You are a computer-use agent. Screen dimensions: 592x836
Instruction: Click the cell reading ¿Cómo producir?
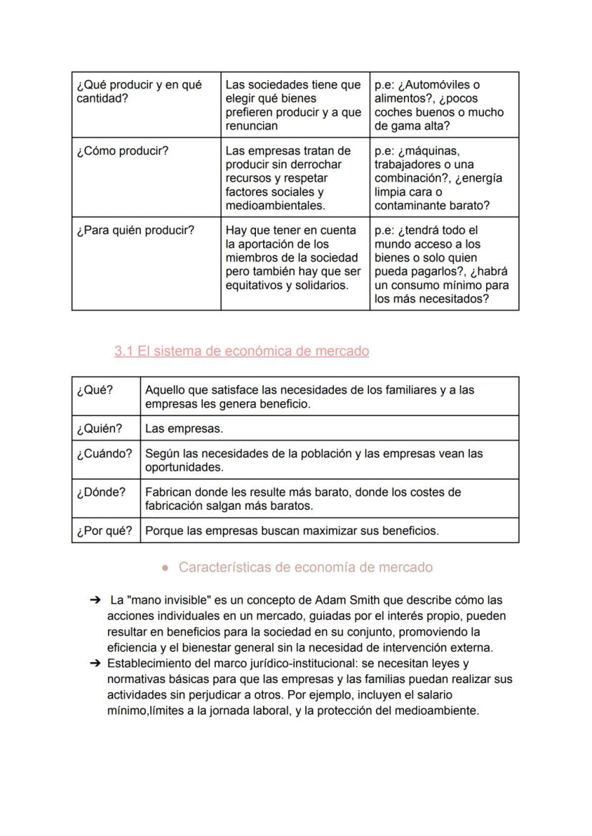(x=122, y=151)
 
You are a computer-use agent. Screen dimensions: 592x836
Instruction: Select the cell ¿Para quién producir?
(x=135, y=231)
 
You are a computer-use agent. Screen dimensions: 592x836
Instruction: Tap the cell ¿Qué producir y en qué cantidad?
(x=139, y=92)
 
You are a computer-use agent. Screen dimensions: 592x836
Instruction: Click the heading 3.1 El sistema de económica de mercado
(x=242, y=351)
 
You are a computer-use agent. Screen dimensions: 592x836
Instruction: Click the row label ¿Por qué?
(x=104, y=531)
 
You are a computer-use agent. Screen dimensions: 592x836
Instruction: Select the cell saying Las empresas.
(x=184, y=429)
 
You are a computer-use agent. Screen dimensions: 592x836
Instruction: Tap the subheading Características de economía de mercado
(x=305, y=567)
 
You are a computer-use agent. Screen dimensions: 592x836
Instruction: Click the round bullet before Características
(x=165, y=568)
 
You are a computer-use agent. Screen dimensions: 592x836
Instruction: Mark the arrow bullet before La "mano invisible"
(x=95, y=600)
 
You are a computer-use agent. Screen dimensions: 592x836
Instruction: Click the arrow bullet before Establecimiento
(x=95, y=663)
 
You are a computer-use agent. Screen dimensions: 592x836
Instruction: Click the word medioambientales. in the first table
(x=275, y=205)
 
